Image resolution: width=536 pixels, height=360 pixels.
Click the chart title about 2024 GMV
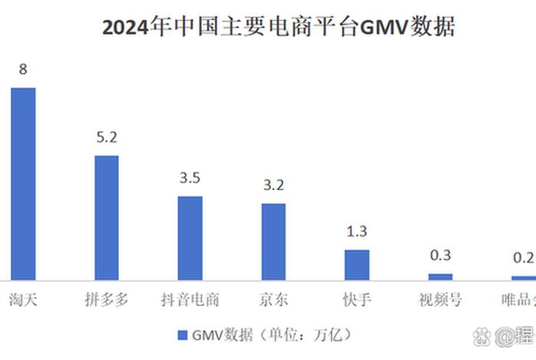coord(279,28)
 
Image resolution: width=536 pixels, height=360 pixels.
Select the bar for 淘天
coord(23,183)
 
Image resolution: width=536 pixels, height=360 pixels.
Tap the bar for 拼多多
coord(106,218)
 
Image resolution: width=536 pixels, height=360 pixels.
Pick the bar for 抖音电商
coord(190,237)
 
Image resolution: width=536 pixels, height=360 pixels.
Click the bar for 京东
coord(273,241)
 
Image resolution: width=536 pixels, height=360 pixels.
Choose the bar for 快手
coord(357,264)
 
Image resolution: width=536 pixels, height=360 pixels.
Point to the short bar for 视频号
coord(440,276)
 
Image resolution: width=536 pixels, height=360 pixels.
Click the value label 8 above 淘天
coord(23,70)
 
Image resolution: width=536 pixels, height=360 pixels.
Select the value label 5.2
coord(106,138)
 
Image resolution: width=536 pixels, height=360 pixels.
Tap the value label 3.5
coord(190,178)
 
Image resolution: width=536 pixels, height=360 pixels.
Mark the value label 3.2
coord(273,185)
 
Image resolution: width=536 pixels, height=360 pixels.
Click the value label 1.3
coord(357,231)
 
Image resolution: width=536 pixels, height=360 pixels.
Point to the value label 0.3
coord(440,255)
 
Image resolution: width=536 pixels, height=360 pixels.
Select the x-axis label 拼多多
coord(106,299)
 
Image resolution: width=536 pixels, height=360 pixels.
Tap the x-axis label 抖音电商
coord(190,299)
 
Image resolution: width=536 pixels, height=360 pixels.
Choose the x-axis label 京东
coord(273,299)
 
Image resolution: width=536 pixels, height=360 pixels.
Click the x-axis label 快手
coord(357,299)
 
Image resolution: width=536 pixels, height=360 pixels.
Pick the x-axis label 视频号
coord(440,299)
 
